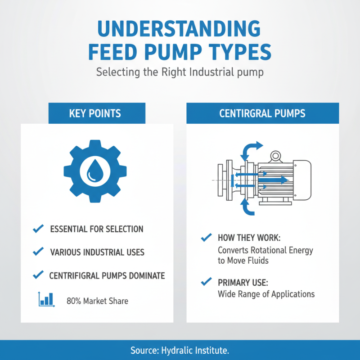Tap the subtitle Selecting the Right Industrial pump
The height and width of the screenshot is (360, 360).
click(x=180, y=72)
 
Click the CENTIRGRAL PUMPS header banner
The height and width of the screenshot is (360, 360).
click(x=262, y=113)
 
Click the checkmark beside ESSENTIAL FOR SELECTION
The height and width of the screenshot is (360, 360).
click(x=39, y=229)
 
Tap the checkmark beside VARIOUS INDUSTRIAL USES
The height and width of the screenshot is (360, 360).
click(x=39, y=252)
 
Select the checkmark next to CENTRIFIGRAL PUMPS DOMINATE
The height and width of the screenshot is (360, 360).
click(x=39, y=274)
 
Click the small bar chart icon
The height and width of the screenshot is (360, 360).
click(x=46, y=299)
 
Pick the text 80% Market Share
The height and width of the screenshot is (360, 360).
click(x=97, y=301)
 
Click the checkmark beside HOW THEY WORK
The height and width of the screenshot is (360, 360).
click(x=207, y=237)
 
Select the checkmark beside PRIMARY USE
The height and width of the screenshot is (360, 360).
click(x=207, y=282)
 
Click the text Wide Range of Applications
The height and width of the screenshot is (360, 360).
click(x=266, y=294)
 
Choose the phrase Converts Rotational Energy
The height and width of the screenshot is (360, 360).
click(x=265, y=250)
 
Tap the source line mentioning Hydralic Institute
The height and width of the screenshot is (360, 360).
click(x=180, y=351)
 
